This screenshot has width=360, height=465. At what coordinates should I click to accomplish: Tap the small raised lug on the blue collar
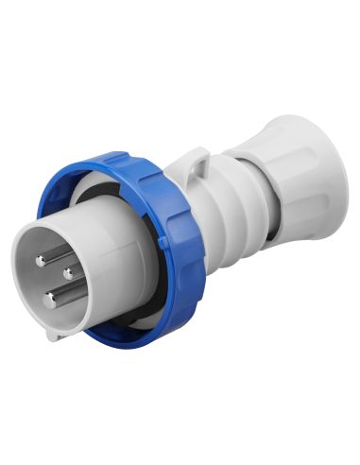pyautogui.click(x=163, y=242)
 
